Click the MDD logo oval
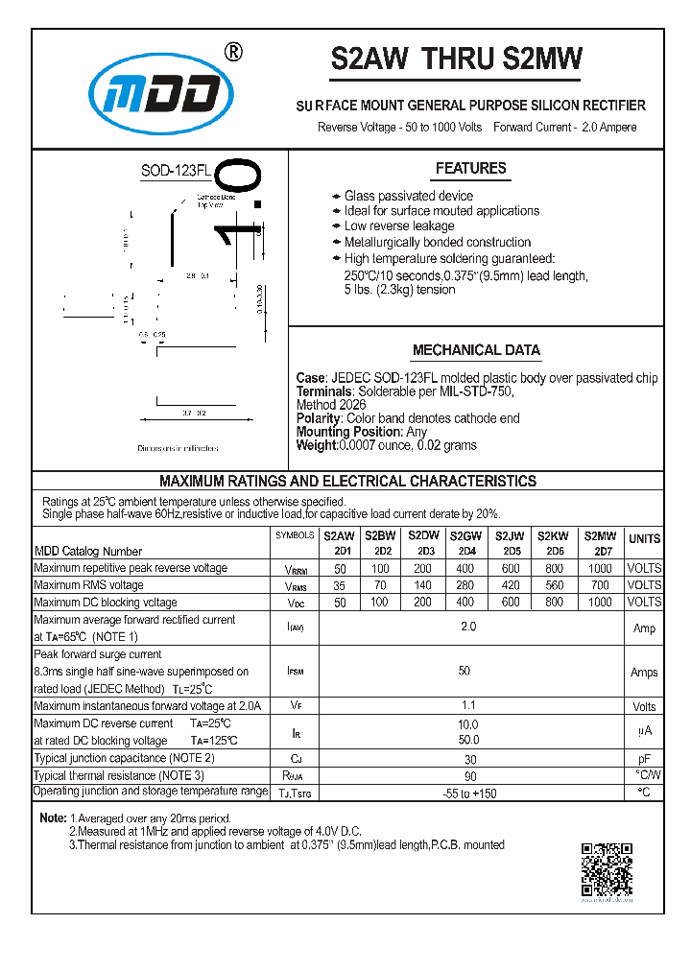coord(161,94)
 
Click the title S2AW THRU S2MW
coord(456,59)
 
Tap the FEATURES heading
coord(470,169)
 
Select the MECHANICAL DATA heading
coord(476,350)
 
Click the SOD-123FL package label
coord(176,172)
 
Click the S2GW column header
coord(465,536)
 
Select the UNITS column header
coord(644,539)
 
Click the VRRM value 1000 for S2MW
coord(600,568)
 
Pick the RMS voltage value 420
coord(511,585)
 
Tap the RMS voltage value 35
coord(340,585)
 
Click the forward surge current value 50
coord(465,672)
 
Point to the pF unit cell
coord(644,758)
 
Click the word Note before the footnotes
coord(52,818)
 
